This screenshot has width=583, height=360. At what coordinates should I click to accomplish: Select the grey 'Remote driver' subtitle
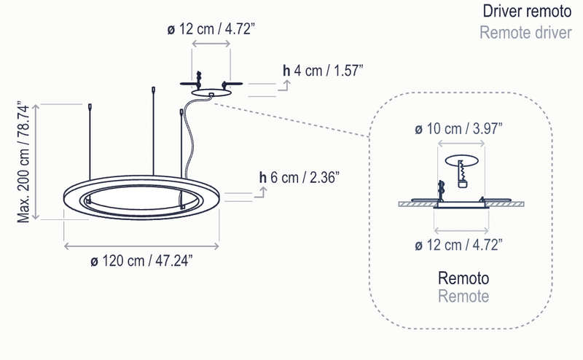525,33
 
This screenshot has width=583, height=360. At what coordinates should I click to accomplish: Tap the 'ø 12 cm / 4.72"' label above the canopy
211,30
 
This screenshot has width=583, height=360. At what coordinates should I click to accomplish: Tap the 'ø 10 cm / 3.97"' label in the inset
458,129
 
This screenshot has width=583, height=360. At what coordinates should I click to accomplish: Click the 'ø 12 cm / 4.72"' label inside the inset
458,245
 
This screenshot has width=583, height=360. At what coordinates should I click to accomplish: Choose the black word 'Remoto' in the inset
463,279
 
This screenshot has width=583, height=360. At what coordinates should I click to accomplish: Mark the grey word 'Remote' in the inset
463,297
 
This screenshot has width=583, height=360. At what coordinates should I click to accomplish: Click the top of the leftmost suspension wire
89,106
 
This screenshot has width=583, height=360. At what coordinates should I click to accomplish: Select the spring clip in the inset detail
461,176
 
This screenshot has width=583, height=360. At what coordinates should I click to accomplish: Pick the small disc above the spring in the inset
463,160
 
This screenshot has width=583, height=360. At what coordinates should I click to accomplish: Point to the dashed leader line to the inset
291,119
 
